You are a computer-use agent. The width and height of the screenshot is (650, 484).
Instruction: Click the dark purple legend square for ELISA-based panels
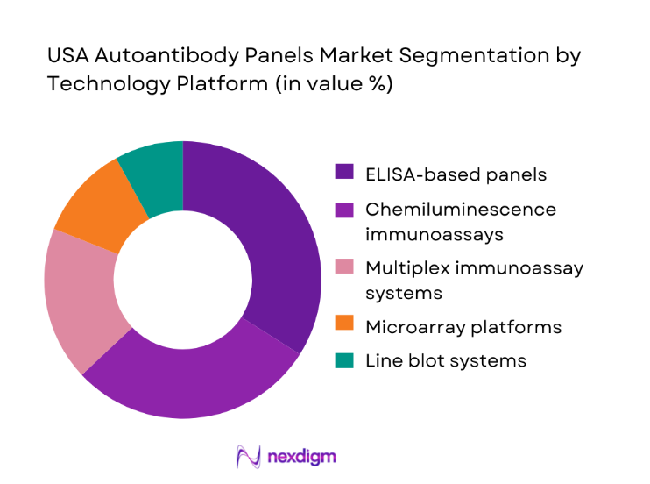345,174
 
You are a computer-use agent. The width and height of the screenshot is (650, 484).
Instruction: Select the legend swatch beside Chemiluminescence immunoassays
345,210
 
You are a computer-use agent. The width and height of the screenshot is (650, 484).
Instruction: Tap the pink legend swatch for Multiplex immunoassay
345,268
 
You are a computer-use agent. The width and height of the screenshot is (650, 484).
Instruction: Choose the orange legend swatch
345,327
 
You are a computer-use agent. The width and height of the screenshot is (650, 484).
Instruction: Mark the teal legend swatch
345,360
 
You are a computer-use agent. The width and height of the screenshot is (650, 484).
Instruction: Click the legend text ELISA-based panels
456,174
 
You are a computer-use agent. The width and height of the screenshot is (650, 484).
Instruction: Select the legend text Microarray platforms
463,327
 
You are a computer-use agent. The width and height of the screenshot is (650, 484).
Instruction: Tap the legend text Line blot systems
446,360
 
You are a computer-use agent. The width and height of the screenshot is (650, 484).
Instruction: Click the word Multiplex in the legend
403,268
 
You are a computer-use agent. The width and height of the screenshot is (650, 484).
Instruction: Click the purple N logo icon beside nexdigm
250,457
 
